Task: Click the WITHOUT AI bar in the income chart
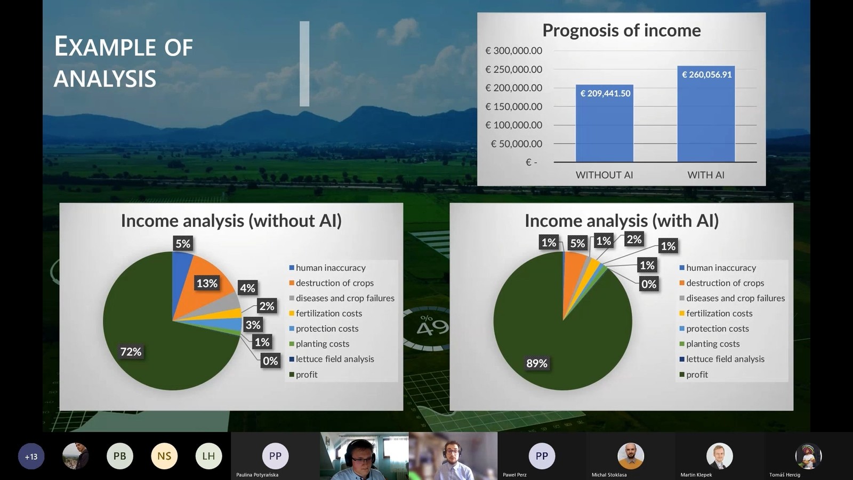(x=605, y=123)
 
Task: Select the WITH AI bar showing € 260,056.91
(x=706, y=114)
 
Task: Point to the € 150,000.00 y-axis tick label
(x=514, y=107)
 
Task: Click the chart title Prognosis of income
(x=622, y=30)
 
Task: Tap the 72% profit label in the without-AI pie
(x=131, y=351)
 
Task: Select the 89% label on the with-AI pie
(x=536, y=363)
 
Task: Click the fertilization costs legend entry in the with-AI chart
(x=716, y=314)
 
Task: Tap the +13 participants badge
(x=31, y=457)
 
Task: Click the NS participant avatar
(x=164, y=456)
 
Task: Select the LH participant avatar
(x=208, y=456)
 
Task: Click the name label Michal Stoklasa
(x=609, y=475)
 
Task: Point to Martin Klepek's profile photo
(x=719, y=456)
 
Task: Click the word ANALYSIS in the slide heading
(x=104, y=79)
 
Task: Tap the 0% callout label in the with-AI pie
(x=648, y=284)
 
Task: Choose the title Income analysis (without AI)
(x=231, y=221)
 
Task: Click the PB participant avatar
(x=119, y=456)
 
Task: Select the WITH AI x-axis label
(x=706, y=175)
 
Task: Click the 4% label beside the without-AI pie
(x=247, y=288)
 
